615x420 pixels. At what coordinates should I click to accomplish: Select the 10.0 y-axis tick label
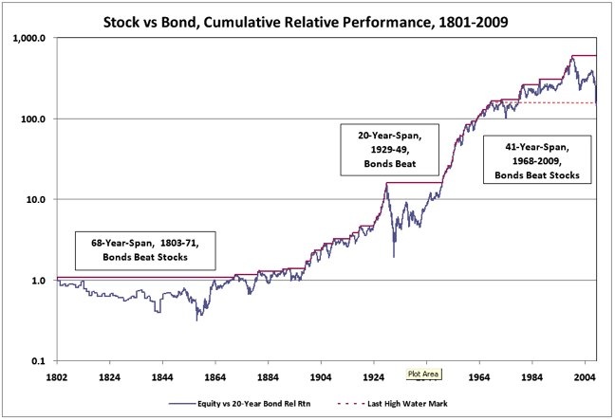click(x=43, y=200)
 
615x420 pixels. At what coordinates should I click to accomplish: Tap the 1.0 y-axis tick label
click(x=45, y=281)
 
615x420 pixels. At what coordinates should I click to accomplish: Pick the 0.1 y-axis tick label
click(x=45, y=361)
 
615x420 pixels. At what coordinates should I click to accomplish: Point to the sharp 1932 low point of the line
click(x=393, y=256)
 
